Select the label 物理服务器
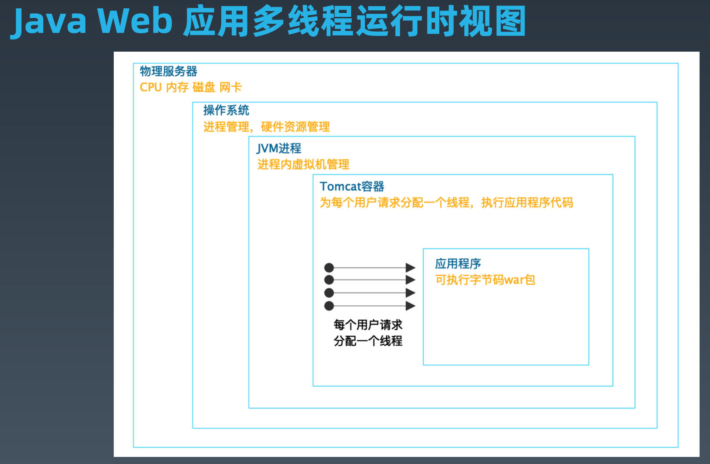(x=168, y=71)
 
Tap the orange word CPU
(x=150, y=87)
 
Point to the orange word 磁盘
(x=204, y=87)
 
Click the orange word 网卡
(x=230, y=87)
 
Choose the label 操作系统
(x=226, y=110)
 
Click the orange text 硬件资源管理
(x=295, y=127)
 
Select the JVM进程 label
(x=279, y=148)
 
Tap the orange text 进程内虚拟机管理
(x=303, y=165)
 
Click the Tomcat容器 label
(x=352, y=186)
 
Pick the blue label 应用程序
(x=458, y=264)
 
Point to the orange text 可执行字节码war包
(x=485, y=279)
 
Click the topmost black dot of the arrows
(x=329, y=267)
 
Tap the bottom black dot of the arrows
(x=329, y=306)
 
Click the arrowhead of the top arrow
(x=410, y=267)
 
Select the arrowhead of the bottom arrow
(x=410, y=306)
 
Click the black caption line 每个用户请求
(x=368, y=324)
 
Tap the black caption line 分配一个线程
(x=368, y=341)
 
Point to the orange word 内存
(x=177, y=87)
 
